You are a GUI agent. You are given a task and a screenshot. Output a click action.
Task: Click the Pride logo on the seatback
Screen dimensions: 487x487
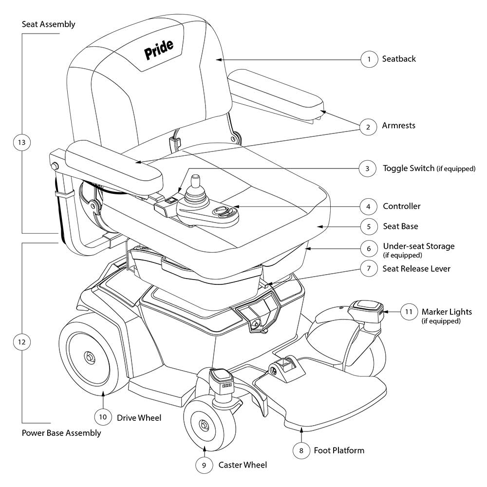tap(159, 50)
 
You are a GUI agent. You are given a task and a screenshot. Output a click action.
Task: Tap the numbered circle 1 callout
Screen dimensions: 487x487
tap(369, 59)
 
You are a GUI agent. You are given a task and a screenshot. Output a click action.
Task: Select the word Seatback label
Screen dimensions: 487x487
tap(399, 59)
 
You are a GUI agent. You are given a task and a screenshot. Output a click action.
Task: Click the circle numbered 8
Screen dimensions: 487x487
tap(301, 451)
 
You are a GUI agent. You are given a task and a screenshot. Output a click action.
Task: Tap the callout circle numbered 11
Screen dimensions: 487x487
tap(409, 311)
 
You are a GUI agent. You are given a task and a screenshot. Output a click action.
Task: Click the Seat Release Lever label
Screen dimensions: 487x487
tap(416, 269)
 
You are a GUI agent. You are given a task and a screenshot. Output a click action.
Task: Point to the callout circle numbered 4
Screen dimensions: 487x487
tap(368, 206)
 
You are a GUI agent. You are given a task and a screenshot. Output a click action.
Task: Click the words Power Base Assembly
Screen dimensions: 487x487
tap(61, 433)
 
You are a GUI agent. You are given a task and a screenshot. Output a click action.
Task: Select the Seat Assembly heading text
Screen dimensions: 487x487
tap(49, 24)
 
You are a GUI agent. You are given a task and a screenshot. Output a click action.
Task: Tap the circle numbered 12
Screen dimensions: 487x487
tap(21, 342)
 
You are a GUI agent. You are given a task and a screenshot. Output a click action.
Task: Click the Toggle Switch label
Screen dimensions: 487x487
tap(408, 169)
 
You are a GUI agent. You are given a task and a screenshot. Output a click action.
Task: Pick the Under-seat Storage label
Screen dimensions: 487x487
tap(418, 246)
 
